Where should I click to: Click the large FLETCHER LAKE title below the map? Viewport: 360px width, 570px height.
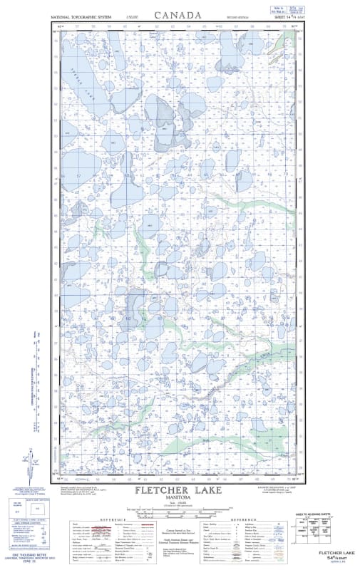(x=178, y=491)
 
